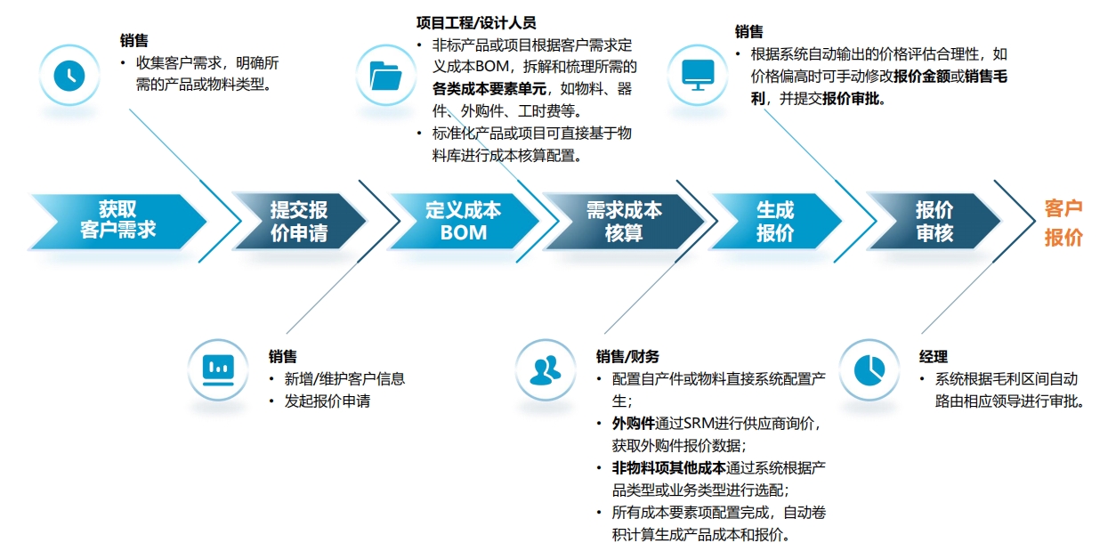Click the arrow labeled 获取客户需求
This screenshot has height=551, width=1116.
coord(118,221)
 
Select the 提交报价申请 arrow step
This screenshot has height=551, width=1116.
coord(299,221)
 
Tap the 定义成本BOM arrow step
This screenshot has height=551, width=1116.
coord(464,221)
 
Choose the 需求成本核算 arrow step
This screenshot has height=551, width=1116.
coord(624,221)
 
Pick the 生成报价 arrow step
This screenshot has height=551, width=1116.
coord(775,221)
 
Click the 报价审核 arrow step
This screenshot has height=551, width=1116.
coord(934,221)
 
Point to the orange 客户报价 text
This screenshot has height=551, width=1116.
coord(1063,223)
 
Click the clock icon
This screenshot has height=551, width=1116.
coord(69,76)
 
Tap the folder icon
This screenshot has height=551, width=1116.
coord(385,76)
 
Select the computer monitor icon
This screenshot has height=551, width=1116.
coord(698,76)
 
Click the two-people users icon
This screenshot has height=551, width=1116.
coord(546,370)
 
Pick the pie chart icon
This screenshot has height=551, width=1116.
coord(869,370)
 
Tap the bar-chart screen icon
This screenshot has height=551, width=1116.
coord(218,370)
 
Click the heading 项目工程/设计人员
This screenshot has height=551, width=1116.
coord(476,23)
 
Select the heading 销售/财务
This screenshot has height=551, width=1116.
coord(627,357)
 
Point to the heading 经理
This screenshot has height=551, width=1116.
coord(934,357)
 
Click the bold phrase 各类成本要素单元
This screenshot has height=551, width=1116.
coord(489,89)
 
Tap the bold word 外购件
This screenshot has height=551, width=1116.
coord(634,424)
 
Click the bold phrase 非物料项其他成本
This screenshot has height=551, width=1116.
coord(668,468)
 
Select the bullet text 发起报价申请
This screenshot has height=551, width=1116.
coord(328,401)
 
